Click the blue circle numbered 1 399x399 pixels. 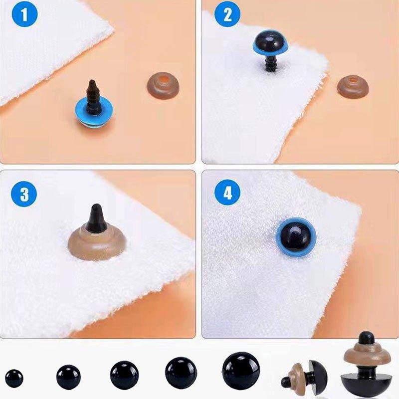coord(24,14)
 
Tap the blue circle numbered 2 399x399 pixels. coord(227,14)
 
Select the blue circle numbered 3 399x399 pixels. coord(24,194)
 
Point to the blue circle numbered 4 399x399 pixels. coord(227,193)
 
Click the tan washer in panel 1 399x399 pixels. coord(163,85)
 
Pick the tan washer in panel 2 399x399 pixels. coord(353,86)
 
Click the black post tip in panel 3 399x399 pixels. coord(96,218)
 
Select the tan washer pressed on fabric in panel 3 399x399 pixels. coord(97,243)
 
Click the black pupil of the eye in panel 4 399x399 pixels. coord(296,236)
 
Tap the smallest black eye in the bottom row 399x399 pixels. coord(14,379)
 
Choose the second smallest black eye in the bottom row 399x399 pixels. coord(68,378)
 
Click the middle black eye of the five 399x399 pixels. coord(124,375)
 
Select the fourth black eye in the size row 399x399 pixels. coord(181,373)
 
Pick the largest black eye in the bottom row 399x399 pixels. coord(241,371)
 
